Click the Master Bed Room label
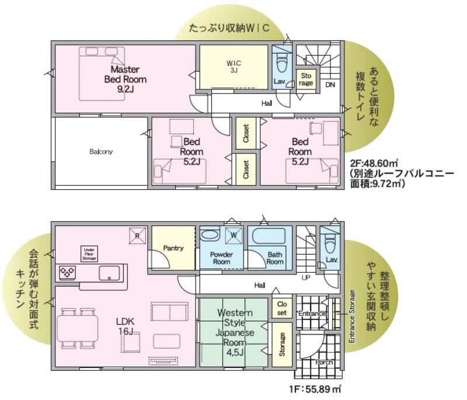pyautogui.click(x=125, y=79)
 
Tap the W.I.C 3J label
pyautogui.click(x=234, y=67)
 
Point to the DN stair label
pyautogui.click(x=330, y=85)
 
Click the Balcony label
pyautogui.click(x=101, y=152)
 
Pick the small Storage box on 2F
pyautogui.click(x=306, y=79)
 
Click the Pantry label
pyautogui.click(x=173, y=248)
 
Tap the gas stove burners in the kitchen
pyautogui.click(x=67, y=272)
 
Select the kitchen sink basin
pyautogui.click(x=109, y=273)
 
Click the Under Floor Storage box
pyautogui.click(x=89, y=254)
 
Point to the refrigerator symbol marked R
pyautogui.click(x=138, y=235)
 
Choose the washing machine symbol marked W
pyautogui.click(x=234, y=235)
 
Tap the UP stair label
pyautogui.click(x=306, y=278)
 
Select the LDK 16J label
pyautogui.click(x=126, y=326)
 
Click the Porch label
pyautogui.click(x=324, y=362)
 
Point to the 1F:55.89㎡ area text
pyautogui.click(x=315, y=389)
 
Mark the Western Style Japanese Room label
pyautogui.click(x=235, y=332)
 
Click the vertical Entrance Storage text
pyautogui.click(x=352, y=316)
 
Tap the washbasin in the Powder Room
pyautogui.click(x=210, y=235)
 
